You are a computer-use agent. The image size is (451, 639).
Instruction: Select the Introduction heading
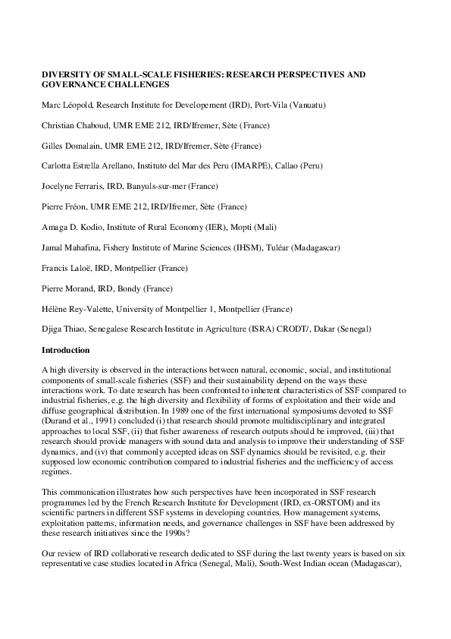point(66,350)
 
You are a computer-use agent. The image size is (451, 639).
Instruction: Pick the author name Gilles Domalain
point(67,145)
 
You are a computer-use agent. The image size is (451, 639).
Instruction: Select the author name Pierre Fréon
point(63,206)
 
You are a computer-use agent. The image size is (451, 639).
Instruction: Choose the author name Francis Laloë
point(64,268)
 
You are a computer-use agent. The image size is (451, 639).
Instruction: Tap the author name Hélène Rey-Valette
point(74,309)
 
